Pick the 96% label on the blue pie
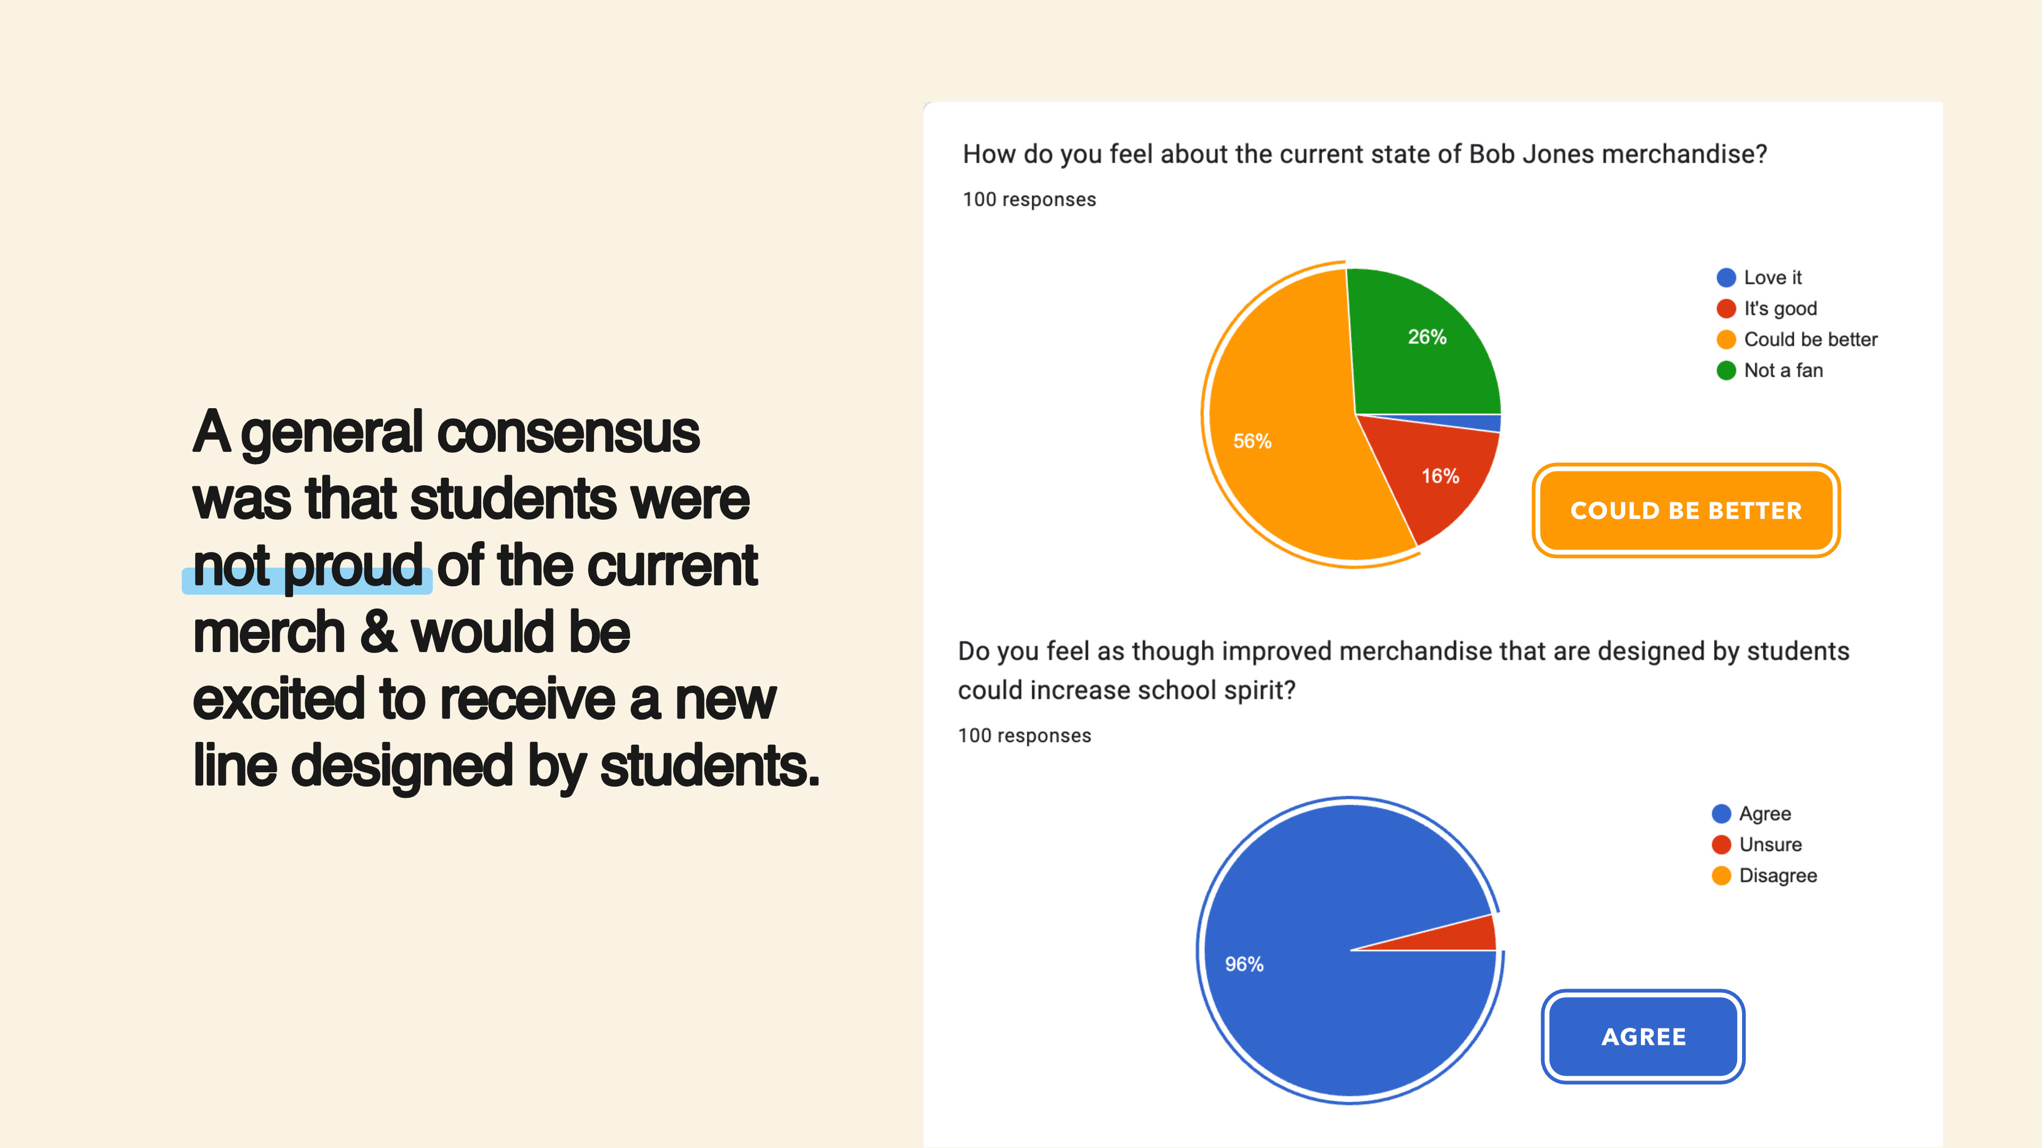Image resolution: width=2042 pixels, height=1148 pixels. (x=1244, y=964)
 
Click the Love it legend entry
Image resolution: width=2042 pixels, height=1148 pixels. (x=1759, y=277)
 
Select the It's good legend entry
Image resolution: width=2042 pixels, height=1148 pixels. (x=1766, y=308)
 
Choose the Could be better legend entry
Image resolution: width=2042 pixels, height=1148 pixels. (x=1797, y=339)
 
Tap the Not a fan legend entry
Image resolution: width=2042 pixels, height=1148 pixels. (x=1769, y=370)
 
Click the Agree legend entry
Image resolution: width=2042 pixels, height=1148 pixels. (x=1751, y=814)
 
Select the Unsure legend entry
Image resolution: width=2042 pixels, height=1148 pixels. (x=1756, y=845)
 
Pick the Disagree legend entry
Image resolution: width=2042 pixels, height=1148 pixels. (x=1764, y=875)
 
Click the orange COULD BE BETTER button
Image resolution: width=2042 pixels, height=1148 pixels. (x=1686, y=510)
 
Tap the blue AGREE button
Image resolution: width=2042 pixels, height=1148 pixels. (x=1643, y=1036)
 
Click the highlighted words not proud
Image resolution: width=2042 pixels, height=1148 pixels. (x=307, y=567)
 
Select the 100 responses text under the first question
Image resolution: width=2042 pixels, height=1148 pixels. (x=1029, y=200)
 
